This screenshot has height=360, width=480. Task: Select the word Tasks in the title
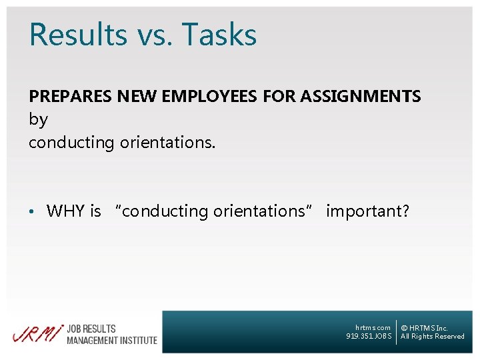click(x=219, y=35)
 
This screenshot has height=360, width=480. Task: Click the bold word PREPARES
click(x=70, y=97)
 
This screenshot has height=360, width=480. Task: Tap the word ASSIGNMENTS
click(x=361, y=97)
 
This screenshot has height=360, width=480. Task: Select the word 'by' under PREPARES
click(x=38, y=121)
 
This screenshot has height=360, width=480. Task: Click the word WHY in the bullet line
click(x=65, y=211)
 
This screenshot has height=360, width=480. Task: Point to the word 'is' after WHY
click(x=95, y=211)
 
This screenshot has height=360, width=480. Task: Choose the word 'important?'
click(x=367, y=211)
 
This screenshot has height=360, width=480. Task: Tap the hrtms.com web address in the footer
click(x=373, y=327)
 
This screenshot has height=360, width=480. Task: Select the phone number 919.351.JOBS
click(x=369, y=336)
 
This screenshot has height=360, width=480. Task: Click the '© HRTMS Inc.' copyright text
click(x=424, y=328)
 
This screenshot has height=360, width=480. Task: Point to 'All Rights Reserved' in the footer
click(x=432, y=337)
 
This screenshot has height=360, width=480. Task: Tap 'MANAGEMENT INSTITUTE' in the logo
click(x=111, y=340)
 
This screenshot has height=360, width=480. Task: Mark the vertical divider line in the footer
click(x=396, y=332)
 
